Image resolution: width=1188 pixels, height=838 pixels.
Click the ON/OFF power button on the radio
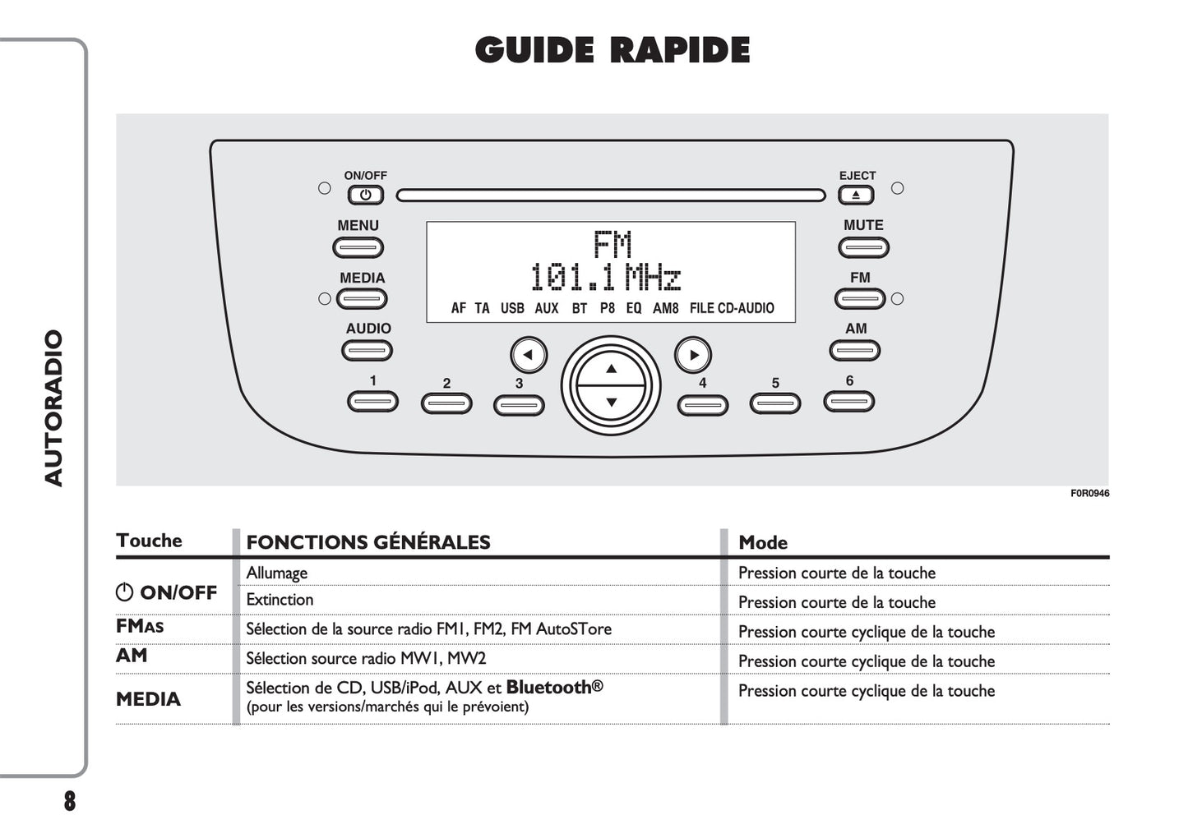pos(365,196)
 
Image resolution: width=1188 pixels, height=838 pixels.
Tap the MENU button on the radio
pos(358,247)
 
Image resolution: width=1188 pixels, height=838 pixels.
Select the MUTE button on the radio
pos(863,247)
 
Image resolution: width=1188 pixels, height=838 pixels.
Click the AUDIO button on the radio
pos(367,351)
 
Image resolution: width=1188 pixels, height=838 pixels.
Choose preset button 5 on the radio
pos(774,403)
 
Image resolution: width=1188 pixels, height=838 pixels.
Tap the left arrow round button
pos(528,355)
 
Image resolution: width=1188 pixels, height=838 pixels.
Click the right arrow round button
pos(693,355)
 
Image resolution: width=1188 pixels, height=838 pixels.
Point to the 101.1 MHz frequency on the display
pos(605,278)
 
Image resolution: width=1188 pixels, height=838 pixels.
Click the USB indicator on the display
pos(511,308)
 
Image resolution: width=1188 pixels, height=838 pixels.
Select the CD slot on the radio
pos(610,196)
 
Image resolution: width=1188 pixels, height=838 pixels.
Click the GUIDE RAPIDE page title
pos(612,50)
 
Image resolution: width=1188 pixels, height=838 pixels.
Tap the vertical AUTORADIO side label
pos(54,407)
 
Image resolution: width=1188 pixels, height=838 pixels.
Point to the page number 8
pos(70,801)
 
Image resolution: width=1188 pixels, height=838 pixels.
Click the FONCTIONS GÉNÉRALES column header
pos(367,542)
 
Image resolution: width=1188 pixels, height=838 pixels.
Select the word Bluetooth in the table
pos(549,687)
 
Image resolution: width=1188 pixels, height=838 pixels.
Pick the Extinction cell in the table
pos(280,600)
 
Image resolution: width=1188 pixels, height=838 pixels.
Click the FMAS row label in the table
pos(140,626)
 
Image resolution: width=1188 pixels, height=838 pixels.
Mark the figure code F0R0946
pos(1089,494)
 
